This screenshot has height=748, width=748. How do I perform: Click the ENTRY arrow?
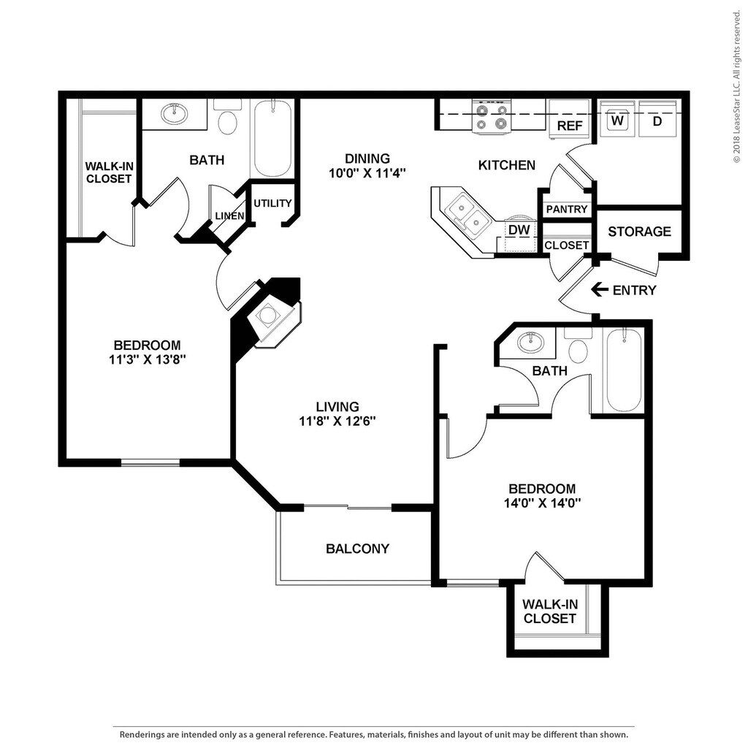(599, 289)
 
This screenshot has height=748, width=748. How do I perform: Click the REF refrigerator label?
(570, 126)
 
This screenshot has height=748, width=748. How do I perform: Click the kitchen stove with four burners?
(492, 117)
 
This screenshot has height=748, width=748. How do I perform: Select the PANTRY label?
(567, 209)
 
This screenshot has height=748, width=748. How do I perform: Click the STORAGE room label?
(639, 232)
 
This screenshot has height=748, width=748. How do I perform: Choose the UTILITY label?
(272, 203)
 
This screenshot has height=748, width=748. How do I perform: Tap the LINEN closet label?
(229, 215)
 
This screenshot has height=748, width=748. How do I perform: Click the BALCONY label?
(357, 549)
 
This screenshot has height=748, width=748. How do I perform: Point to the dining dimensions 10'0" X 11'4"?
(367, 172)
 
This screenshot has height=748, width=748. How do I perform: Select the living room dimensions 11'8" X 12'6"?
(337, 421)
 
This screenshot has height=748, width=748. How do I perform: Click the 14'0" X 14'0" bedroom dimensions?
(542, 503)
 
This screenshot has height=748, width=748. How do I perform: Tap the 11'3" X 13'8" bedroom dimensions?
(147, 359)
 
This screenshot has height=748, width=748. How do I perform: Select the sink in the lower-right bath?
(530, 343)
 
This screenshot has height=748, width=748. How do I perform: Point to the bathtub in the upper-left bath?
(272, 138)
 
